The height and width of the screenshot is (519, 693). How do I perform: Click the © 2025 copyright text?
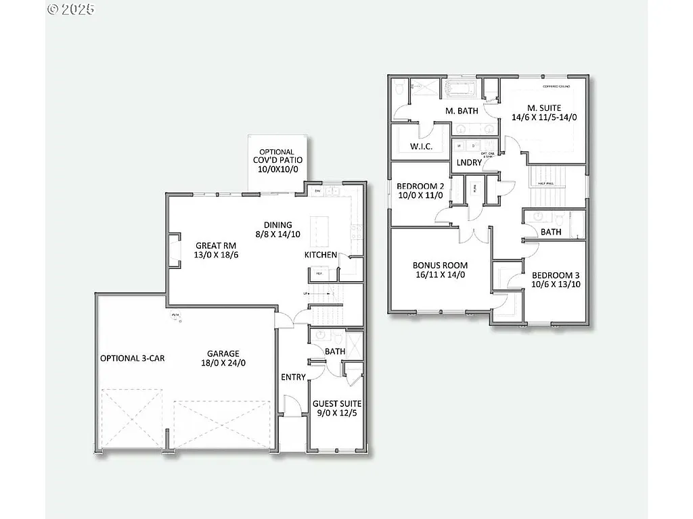(71, 9)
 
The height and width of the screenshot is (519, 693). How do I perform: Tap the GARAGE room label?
(223, 353)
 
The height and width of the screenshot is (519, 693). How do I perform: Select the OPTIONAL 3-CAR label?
(132, 358)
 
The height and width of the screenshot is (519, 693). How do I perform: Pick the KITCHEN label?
(320, 255)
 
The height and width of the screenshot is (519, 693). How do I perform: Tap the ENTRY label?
(293, 377)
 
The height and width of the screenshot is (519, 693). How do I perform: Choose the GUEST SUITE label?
(336, 404)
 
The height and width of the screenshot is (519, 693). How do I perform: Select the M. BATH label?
(462, 111)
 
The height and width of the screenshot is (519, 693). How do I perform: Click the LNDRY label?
(469, 163)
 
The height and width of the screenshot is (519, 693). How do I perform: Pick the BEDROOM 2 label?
(420, 187)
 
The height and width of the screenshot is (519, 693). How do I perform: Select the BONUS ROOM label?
(440, 266)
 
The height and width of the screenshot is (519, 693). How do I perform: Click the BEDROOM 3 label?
(556, 276)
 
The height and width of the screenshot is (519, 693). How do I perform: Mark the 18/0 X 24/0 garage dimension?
(223, 363)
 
